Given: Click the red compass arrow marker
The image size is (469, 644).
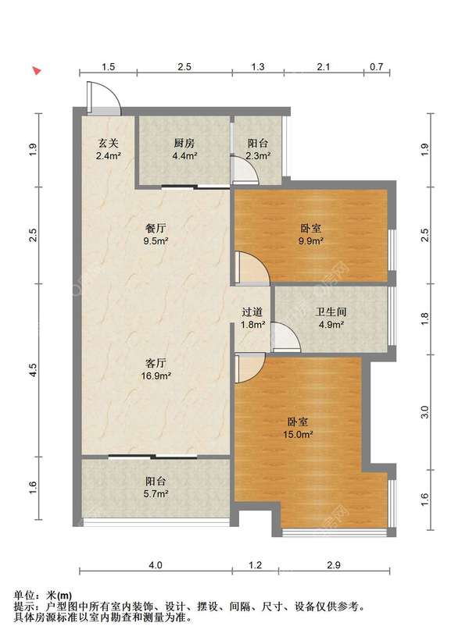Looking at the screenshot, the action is click(x=37, y=70).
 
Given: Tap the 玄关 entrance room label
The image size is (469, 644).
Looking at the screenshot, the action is click(x=108, y=143).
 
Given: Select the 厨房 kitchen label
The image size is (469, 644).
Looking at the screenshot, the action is click(x=184, y=143).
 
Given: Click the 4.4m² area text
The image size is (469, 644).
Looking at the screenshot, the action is click(x=184, y=155).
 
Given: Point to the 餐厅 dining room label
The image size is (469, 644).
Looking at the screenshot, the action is click(x=156, y=228).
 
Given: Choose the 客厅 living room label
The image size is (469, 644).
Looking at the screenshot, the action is click(x=156, y=363).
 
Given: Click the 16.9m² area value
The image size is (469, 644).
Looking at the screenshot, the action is click(x=156, y=375).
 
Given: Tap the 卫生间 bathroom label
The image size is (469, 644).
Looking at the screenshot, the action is click(x=331, y=311).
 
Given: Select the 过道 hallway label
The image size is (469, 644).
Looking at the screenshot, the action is click(x=252, y=312).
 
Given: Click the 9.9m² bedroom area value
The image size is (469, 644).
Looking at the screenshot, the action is click(x=310, y=240).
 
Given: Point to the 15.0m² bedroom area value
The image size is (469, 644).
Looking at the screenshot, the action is click(x=298, y=434).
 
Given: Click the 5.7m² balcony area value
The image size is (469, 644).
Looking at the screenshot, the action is click(x=156, y=493).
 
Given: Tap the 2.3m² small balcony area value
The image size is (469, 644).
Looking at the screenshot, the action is click(x=258, y=155).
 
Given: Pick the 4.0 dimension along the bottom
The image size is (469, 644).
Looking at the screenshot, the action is click(x=155, y=565).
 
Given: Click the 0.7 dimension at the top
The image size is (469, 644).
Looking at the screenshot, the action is click(x=376, y=66).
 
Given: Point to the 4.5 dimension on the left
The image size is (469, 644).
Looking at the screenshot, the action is click(x=34, y=370).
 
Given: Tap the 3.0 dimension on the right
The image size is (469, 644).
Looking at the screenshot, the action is click(x=425, y=412).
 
